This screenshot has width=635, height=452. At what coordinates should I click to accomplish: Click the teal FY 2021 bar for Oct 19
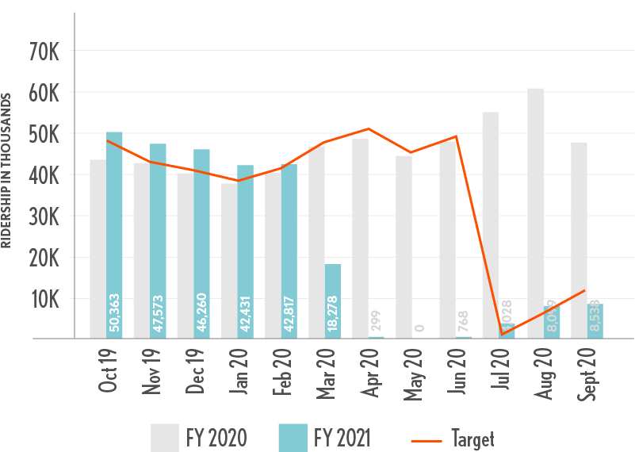pos(115,235)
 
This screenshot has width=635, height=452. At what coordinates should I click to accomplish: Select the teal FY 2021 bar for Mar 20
pos(333,301)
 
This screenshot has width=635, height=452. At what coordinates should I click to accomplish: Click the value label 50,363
pos(115,312)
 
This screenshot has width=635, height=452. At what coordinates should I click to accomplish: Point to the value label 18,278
pos(333,312)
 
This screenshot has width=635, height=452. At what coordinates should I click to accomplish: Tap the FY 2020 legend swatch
pos(164,438)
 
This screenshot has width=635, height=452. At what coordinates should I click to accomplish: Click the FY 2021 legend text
pos(341,438)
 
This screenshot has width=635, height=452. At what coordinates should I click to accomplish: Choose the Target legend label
pos(472,438)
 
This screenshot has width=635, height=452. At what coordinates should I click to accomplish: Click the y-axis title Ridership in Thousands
pos(6,170)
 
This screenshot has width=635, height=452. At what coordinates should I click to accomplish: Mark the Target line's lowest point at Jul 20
pos(502,334)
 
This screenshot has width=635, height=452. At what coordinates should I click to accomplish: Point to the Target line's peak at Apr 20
pos(369,128)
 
